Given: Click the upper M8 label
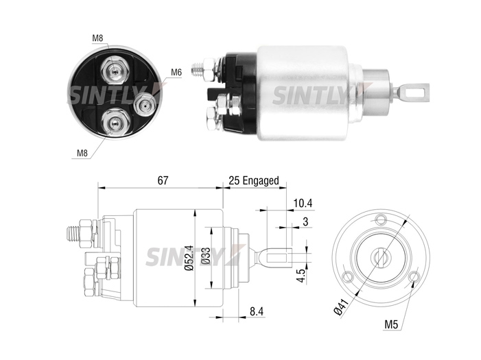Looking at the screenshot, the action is coord(97,38).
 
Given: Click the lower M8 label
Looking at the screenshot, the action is coord(82,153).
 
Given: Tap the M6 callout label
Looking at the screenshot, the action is coord(176,73).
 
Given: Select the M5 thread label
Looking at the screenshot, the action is coord(391,324).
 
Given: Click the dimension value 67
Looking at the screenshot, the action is coord(163,180).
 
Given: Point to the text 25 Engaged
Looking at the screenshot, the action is coord(254,180).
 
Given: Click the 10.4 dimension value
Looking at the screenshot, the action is coord(303,203).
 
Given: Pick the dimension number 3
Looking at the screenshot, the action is coord(305,221).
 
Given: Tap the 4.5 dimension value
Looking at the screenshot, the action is coord(302,276).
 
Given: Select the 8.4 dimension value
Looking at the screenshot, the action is coord(257,311).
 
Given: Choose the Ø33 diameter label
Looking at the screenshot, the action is coord(206,256).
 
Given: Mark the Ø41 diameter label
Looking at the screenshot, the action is coord(342,307).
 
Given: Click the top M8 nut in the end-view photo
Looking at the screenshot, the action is coord(115,71).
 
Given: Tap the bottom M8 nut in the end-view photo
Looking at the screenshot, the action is coord(115,123).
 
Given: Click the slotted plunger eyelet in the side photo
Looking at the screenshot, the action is coord(415,93).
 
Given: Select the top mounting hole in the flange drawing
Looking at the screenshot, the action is coord(381,219).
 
